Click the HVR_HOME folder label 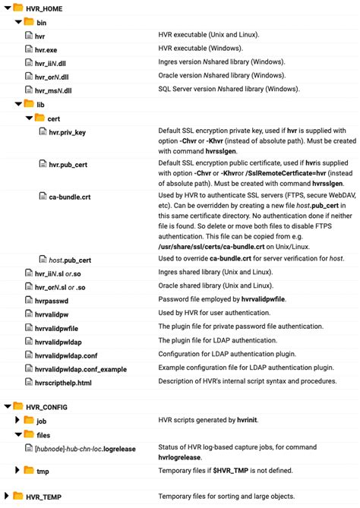coord(45,8)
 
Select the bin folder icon coord(29,22)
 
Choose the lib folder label coord(42,103)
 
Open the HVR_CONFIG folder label coord(46,407)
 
